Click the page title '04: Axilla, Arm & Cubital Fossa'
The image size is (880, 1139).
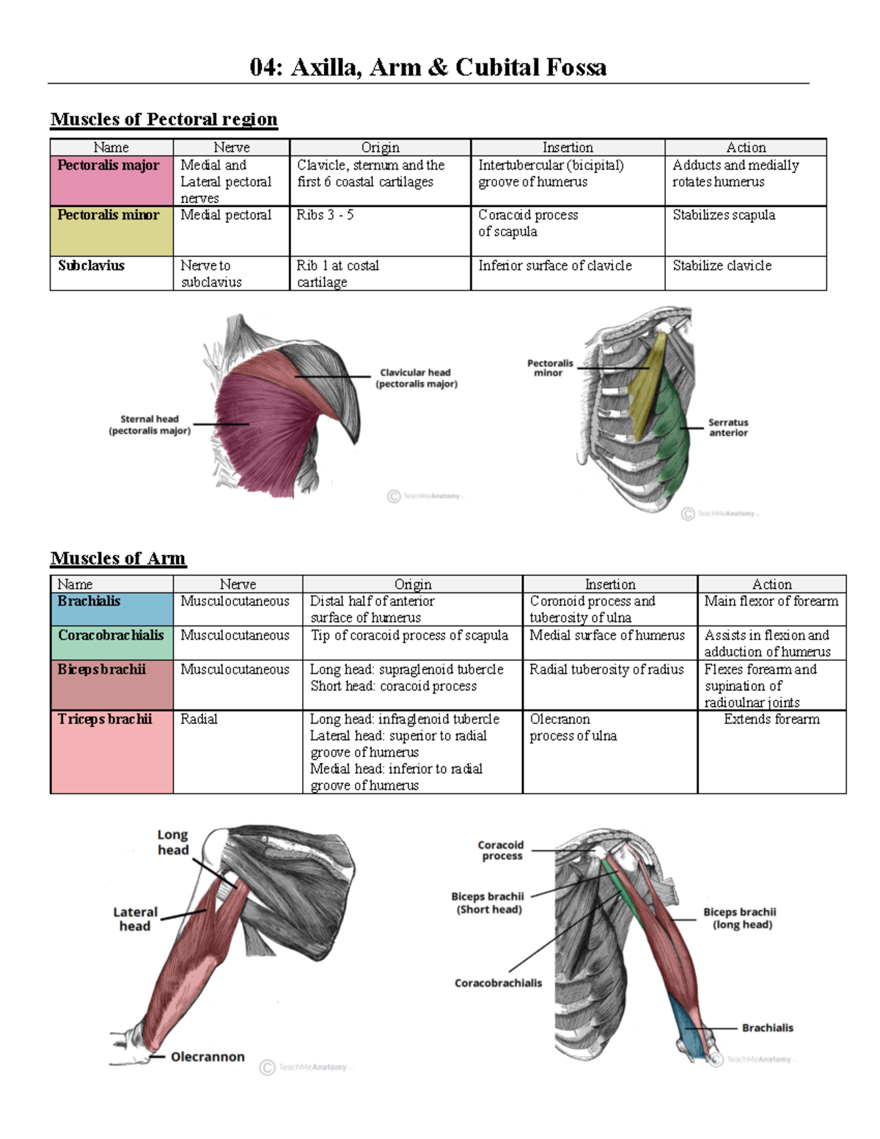[x=428, y=67]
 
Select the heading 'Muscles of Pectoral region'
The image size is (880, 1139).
[x=164, y=119]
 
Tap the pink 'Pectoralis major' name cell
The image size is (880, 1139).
[x=111, y=180]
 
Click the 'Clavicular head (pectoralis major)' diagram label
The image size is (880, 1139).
[x=416, y=378]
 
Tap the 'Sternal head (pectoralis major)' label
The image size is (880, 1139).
[x=150, y=425]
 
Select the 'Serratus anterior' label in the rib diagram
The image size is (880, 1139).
[x=727, y=428]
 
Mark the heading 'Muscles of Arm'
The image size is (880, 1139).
[x=117, y=558]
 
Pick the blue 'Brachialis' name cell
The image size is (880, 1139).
[x=111, y=609]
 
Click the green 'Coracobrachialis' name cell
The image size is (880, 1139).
[x=111, y=642]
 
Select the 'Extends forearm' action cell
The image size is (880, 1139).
[x=771, y=719]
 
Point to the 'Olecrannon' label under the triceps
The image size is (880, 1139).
[x=208, y=1057]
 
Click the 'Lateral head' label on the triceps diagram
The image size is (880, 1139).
[x=135, y=919]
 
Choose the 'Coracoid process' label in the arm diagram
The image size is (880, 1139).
[x=502, y=850]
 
